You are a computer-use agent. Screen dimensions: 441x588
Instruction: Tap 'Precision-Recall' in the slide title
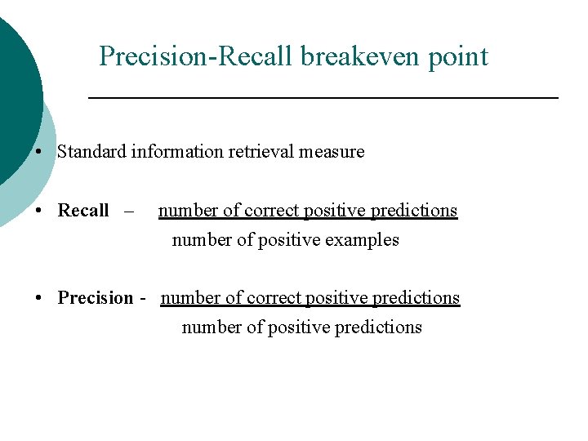pos(197,56)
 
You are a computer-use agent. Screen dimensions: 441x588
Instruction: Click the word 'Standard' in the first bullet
pos(91,152)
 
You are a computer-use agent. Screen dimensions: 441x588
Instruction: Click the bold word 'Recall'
pos(82,211)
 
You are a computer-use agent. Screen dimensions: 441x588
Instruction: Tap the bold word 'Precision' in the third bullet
pos(95,298)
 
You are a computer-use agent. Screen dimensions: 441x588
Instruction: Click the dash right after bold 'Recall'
pos(128,211)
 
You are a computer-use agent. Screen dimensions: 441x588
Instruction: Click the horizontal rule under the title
pos(323,98)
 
